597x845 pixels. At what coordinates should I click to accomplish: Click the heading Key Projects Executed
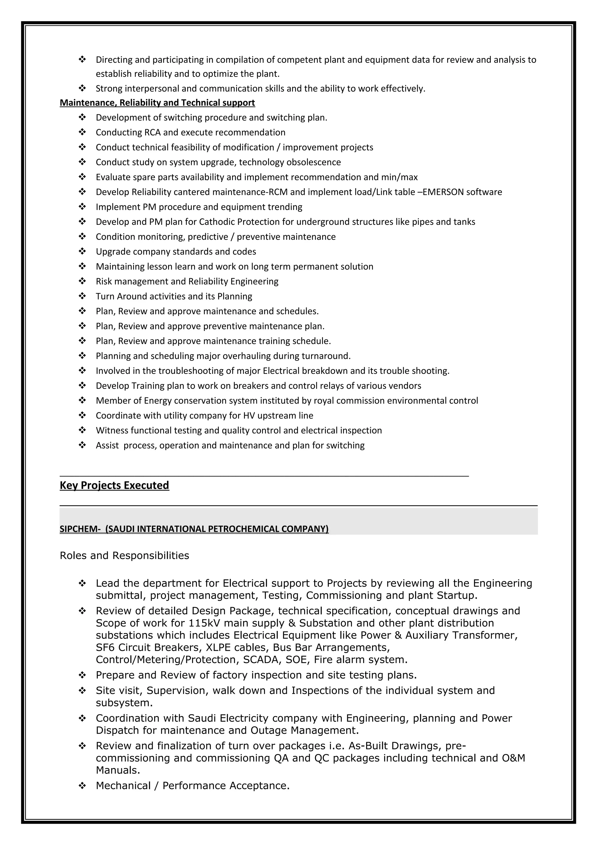click(x=114, y=485)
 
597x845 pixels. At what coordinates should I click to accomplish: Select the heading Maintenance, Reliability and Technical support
click(x=157, y=103)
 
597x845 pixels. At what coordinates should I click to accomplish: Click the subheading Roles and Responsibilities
click(x=124, y=555)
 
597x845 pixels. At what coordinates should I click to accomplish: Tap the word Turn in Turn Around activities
click(x=105, y=296)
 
